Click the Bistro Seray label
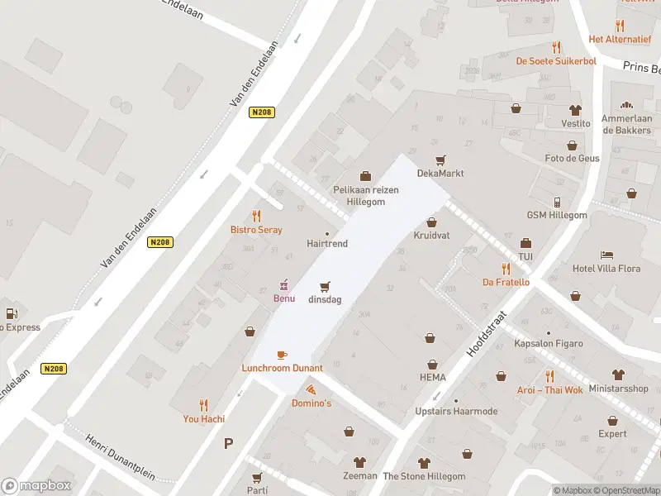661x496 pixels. coord(256,230)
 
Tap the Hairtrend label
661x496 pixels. coord(327,244)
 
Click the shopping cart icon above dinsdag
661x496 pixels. coord(326,286)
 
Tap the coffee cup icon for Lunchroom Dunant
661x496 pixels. coord(282,355)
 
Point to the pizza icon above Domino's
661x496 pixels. coord(311,389)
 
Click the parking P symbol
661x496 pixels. coord(228,444)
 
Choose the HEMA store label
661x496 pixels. coord(431,378)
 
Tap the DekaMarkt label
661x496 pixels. coord(440,174)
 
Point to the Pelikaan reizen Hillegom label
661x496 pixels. coord(365,195)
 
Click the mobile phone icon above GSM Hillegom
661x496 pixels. coord(557,202)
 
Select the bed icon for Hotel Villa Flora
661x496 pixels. coord(607,255)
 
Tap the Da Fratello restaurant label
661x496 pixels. coord(506,282)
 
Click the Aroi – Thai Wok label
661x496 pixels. coord(549,390)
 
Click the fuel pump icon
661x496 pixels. coord(12,313)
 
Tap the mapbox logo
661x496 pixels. coord(36,486)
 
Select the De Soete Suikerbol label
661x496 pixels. coord(555,60)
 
